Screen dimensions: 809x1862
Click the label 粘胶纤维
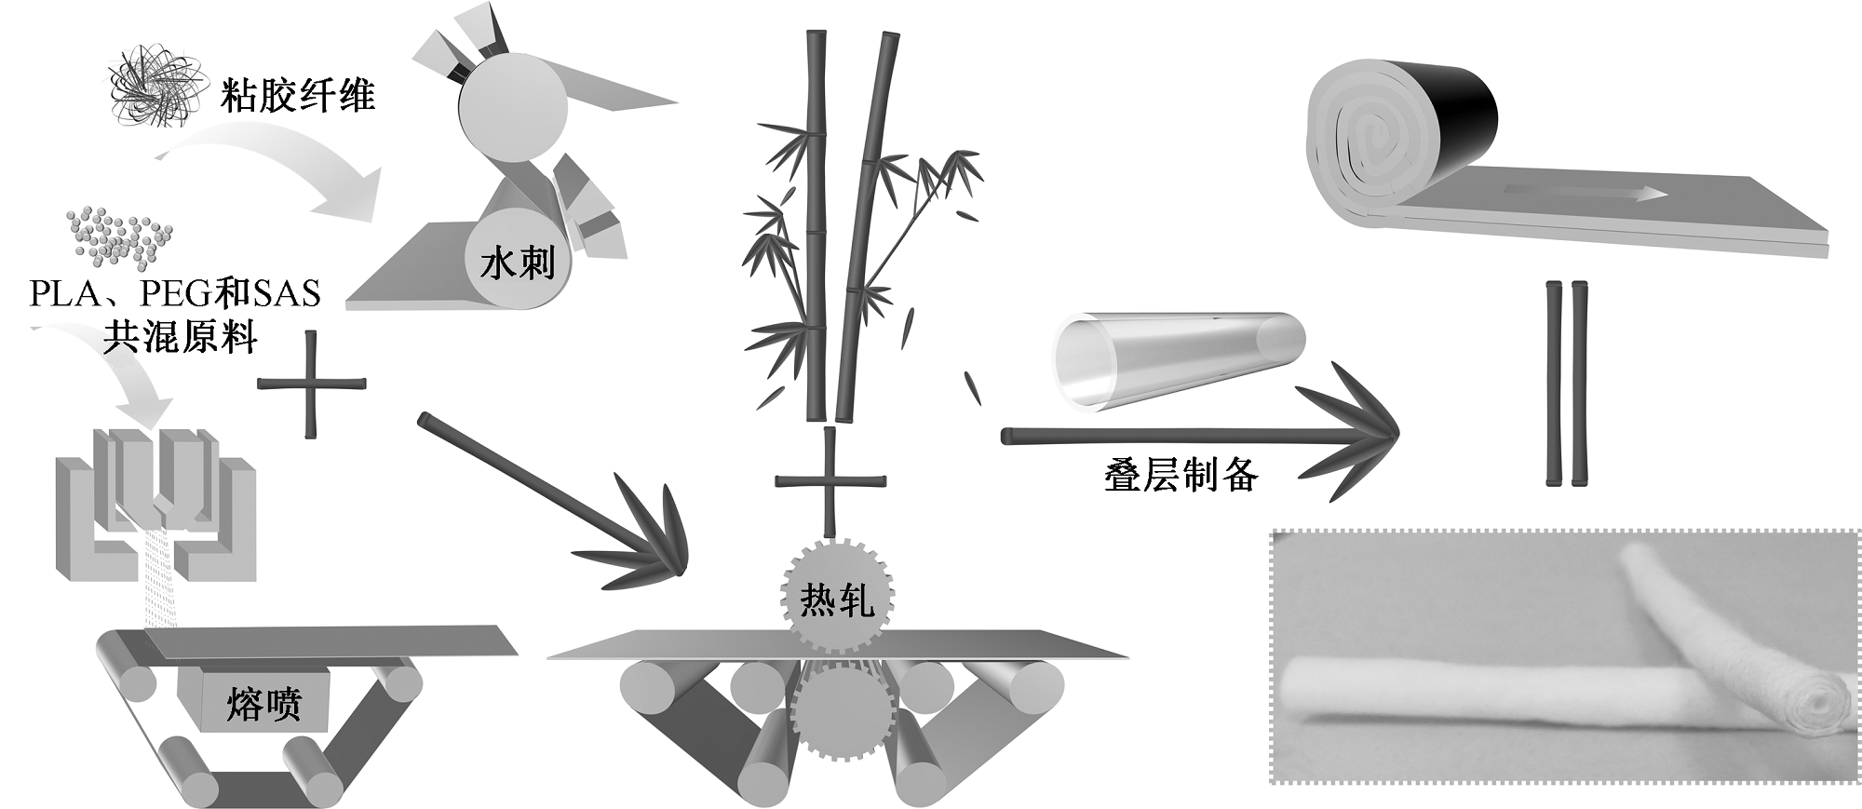point(297,96)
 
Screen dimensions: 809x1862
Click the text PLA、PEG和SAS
point(174,294)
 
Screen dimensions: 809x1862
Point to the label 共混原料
point(180,336)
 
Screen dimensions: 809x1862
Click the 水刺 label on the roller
point(518,264)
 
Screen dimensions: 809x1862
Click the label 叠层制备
point(1181,476)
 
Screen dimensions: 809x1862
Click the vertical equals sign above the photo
point(1566,384)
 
